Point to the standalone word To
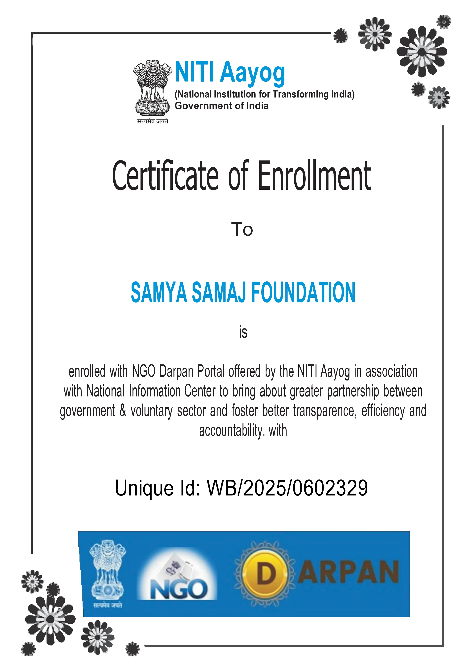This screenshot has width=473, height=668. click(x=242, y=229)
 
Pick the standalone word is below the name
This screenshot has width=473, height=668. click(x=243, y=332)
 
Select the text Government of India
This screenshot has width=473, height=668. click(x=221, y=106)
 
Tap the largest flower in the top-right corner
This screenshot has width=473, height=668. click(x=422, y=51)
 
